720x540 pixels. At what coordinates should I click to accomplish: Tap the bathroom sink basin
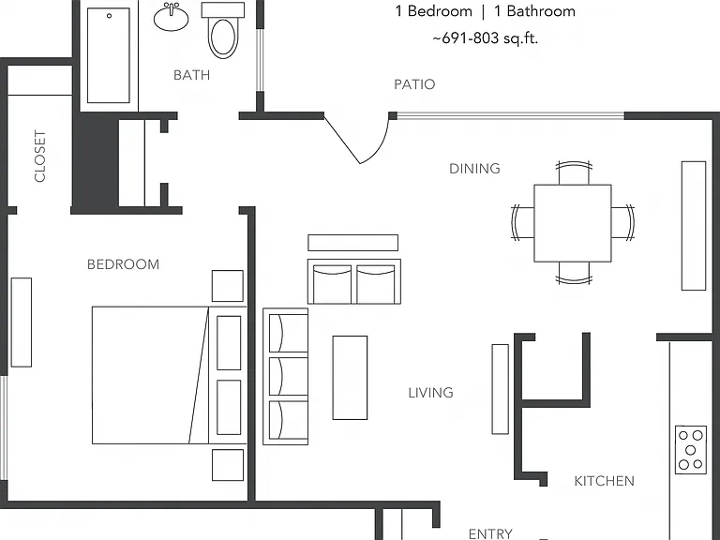[171, 18]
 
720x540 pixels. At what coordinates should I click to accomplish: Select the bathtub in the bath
[109, 55]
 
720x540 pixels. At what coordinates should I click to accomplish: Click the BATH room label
[191, 75]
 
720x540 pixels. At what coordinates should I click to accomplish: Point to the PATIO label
[414, 84]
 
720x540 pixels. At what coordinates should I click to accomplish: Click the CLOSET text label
[40, 157]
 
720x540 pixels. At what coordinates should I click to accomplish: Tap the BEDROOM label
[123, 264]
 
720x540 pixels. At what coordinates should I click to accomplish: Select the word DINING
[474, 169]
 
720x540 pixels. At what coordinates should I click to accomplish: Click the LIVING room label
[430, 393]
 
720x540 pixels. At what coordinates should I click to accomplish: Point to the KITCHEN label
[605, 481]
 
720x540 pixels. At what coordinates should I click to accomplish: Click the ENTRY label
[490, 533]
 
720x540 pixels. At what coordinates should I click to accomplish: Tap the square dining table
[573, 223]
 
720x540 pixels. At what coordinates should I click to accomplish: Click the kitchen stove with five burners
[691, 450]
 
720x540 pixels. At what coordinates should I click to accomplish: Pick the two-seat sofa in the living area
[354, 281]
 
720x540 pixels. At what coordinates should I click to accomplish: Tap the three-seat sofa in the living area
[285, 377]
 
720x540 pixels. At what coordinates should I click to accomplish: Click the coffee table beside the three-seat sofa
[350, 378]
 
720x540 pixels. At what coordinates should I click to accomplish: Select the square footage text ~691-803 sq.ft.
[485, 38]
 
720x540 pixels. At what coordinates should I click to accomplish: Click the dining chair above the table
[574, 172]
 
